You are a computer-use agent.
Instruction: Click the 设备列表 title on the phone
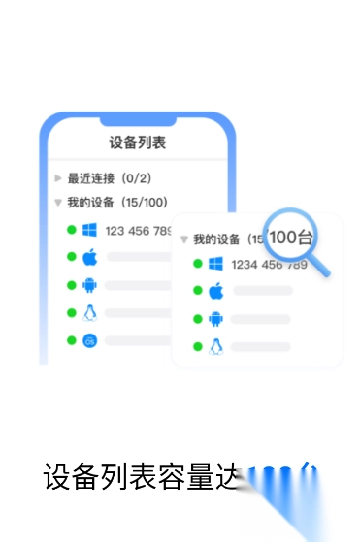point(137,143)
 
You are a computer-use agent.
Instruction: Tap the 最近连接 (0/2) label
point(109,178)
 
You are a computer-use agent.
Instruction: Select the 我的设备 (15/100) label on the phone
point(116,203)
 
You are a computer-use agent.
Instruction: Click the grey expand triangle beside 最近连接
point(58,178)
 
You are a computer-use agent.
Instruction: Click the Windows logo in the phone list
point(89,230)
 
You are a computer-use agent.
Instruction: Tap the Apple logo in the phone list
point(89,257)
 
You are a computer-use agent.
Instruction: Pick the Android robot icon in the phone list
point(89,285)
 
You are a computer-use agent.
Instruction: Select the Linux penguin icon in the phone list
point(89,312)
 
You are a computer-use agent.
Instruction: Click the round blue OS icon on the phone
point(89,340)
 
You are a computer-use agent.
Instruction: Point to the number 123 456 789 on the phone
point(139,231)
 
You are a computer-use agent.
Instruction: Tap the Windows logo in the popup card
point(215,264)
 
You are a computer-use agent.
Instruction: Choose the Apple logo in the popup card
point(215,291)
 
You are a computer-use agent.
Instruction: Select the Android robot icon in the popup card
point(215,319)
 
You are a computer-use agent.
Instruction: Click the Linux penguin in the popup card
point(215,346)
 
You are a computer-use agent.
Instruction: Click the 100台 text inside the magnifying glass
point(291,238)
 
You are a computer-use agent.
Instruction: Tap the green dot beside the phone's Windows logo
point(71,230)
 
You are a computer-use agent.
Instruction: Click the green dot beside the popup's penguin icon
point(197,346)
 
